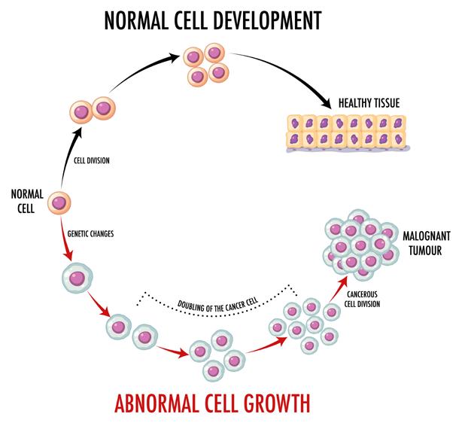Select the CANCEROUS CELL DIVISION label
point(363,299)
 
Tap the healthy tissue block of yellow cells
point(346,129)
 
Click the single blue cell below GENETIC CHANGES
point(74,278)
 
